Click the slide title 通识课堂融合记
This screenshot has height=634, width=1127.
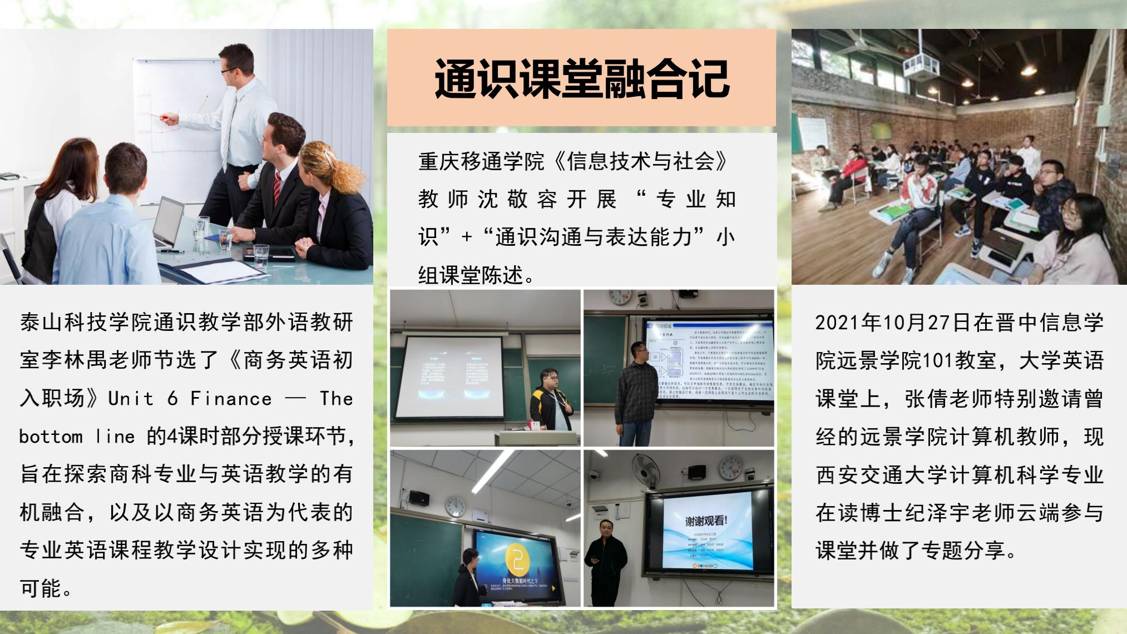[x=581, y=78]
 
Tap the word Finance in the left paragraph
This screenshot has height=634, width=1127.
[x=231, y=399]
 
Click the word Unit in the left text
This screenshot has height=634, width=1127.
[x=131, y=399]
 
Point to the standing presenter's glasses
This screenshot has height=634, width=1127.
[x=229, y=71]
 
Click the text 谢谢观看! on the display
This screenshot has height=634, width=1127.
[x=705, y=521]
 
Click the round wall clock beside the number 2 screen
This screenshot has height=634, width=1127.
[x=456, y=506]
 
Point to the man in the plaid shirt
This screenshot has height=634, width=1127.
[x=636, y=392]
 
